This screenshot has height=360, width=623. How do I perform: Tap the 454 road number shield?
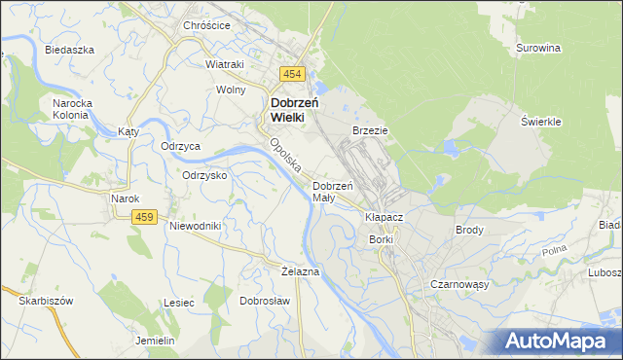click(x=292, y=74)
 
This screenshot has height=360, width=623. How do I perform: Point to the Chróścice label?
click(x=206, y=26)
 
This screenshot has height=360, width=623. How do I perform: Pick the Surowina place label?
click(x=538, y=47)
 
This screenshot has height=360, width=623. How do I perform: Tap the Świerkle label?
click(x=538, y=121)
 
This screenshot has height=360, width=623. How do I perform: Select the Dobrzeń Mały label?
click(x=330, y=191)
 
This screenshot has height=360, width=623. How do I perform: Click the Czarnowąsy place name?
click(x=458, y=284)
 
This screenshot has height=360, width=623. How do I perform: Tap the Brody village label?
click(x=470, y=231)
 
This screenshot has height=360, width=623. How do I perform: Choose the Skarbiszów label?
click(x=46, y=301)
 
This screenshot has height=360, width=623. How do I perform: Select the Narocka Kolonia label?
click(x=70, y=107)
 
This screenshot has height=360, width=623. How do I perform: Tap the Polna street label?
click(x=554, y=252)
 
